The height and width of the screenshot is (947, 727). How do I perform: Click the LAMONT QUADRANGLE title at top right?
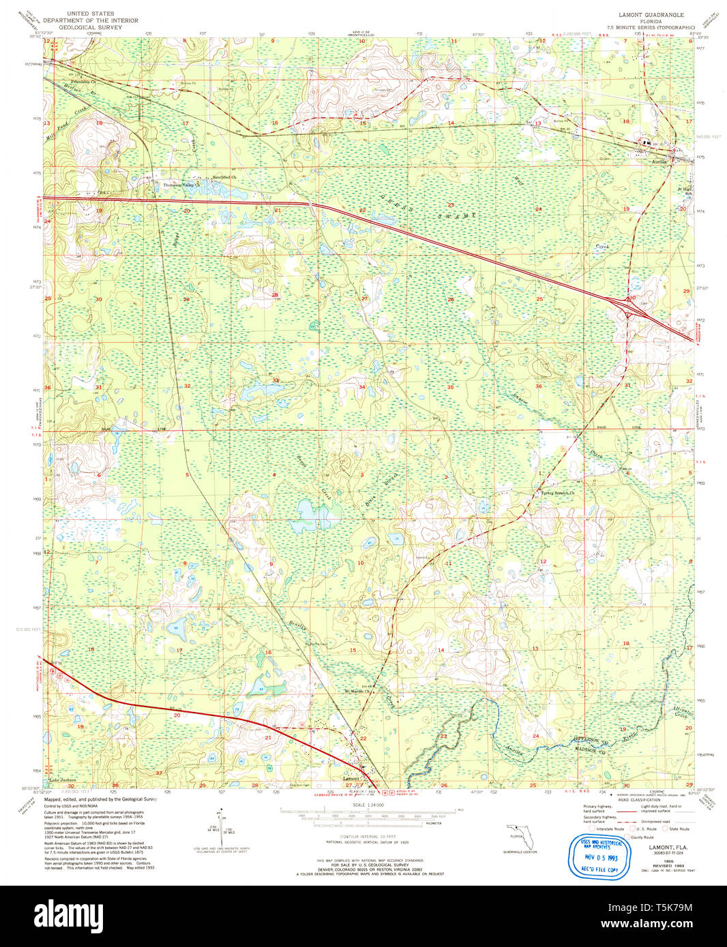click(651, 14)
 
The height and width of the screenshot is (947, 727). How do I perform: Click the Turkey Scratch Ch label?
click(557, 493)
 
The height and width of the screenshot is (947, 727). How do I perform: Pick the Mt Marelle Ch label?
click(357, 692)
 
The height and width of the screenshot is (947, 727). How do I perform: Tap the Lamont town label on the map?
click(351, 778)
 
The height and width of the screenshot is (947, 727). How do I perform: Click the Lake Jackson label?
click(62, 780)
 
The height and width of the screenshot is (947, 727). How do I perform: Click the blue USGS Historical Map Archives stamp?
click(598, 856)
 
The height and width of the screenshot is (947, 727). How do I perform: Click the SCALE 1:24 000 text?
click(368, 805)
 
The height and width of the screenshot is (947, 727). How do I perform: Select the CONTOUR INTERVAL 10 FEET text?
click(368, 836)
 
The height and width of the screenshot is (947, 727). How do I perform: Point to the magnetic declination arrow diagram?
click(220, 825)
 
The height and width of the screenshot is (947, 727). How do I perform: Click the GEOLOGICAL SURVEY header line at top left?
click(90, 27)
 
